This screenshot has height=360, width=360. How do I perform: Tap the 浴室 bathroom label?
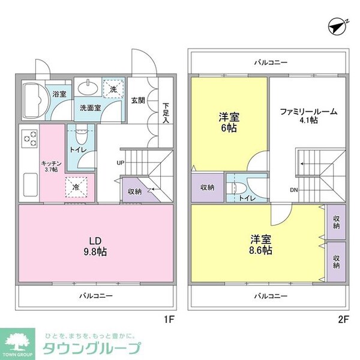point(58,94)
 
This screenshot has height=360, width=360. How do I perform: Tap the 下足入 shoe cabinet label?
point(166,113)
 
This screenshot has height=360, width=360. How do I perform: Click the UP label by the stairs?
point(121,163)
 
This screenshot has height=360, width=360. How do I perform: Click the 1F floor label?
point(169,319)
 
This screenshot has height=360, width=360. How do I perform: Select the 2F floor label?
point(343,319)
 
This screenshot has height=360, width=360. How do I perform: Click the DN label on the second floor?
point(294,191)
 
